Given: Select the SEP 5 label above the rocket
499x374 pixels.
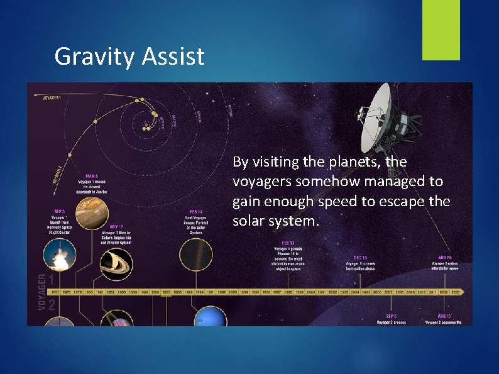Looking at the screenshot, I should (x=60, y=211).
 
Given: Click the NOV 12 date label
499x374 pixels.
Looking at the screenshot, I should (x=115, y=226).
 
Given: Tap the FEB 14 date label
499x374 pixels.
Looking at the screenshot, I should (x=196, y=211).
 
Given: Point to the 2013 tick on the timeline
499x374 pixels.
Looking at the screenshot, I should (x=455, y=292).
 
